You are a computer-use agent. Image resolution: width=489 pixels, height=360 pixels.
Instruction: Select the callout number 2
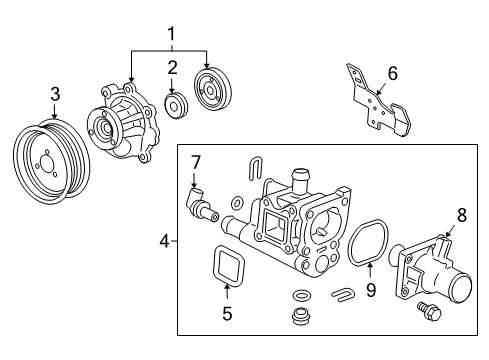click(x=172, y=68)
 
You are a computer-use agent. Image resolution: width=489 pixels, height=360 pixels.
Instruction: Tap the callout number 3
click(x=55, y=94)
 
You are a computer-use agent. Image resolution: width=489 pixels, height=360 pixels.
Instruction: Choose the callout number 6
click(x=392, y=72)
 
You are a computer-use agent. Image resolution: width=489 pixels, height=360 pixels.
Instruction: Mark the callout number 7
click(x=196, y=161)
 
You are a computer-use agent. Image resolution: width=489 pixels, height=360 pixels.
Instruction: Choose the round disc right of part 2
click(x=212, y=93)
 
